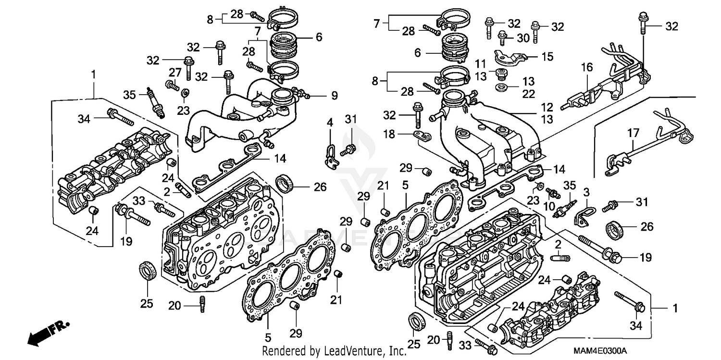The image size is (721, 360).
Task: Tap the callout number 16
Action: point(585,67)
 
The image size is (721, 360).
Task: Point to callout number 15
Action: point(547,56)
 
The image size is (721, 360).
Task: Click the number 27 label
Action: point(174,73)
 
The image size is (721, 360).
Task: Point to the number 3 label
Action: point(586,192)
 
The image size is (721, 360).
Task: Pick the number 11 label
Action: point(481,63)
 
